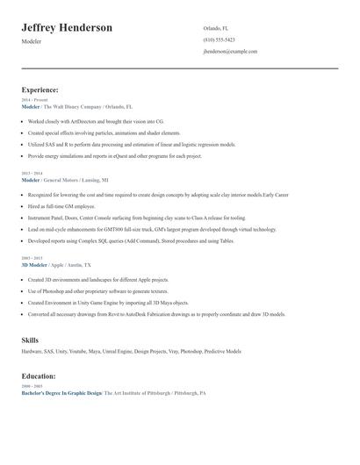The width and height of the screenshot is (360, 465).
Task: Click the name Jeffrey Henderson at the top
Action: tap(67, 28)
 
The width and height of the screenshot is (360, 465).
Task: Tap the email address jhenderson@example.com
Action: tap(229, 52)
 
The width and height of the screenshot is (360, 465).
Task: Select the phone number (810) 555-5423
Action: tap(219, 40)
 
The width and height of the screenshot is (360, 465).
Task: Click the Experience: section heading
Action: tap(40, 89)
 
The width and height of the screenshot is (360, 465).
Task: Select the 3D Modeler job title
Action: tap(34, 264)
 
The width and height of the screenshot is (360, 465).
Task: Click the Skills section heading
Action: tap(30, 340)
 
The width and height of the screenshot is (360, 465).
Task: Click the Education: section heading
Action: tap(40, 377)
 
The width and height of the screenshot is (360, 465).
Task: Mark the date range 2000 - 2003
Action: tap(32, 387)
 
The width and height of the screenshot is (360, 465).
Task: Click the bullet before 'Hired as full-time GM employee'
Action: tap(23, 206)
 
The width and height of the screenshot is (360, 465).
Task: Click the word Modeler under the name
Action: tap(32, 42)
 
